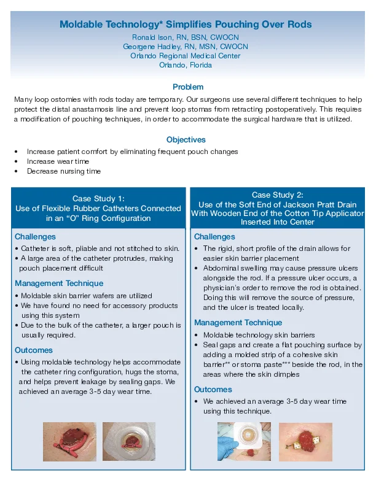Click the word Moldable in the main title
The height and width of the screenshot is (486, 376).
(x=80, y=25)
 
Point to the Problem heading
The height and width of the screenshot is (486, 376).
(x=187, y=87)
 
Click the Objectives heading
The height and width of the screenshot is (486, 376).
(x=186, y=140)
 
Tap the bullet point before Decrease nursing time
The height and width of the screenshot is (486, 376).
(x=16, y=171)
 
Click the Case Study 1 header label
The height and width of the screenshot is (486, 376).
(x=98, y=198)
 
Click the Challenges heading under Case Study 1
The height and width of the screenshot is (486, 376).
(x=35, y=236)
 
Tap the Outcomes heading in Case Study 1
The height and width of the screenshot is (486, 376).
(x=33, y=350)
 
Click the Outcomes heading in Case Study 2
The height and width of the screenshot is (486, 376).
(x=213, y=390)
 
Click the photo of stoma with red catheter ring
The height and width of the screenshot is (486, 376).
(x=69, y=441)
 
